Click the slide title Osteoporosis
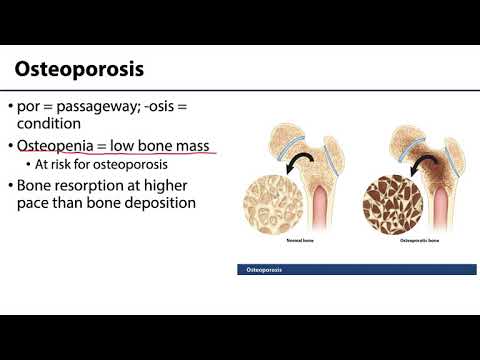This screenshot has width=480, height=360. coord(79,71)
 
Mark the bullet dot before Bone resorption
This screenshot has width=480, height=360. coord(9,186)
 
